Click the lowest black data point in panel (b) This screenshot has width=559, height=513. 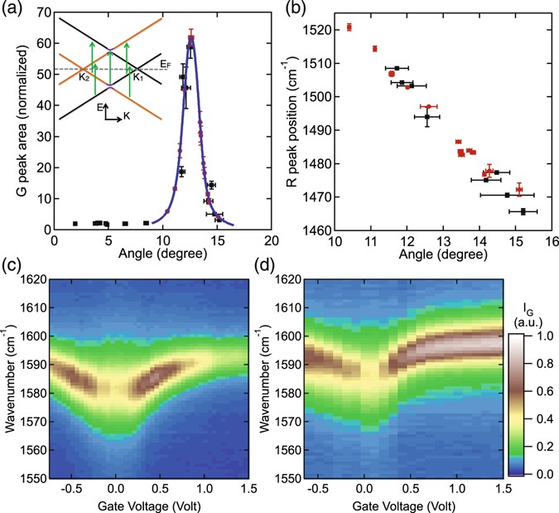pyautogui.click(x=523, y=211)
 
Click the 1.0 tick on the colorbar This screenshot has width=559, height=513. pyautogui.click(x=537, y=336)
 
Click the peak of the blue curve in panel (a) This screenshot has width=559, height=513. pyautogui.click(x=191, y=36)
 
